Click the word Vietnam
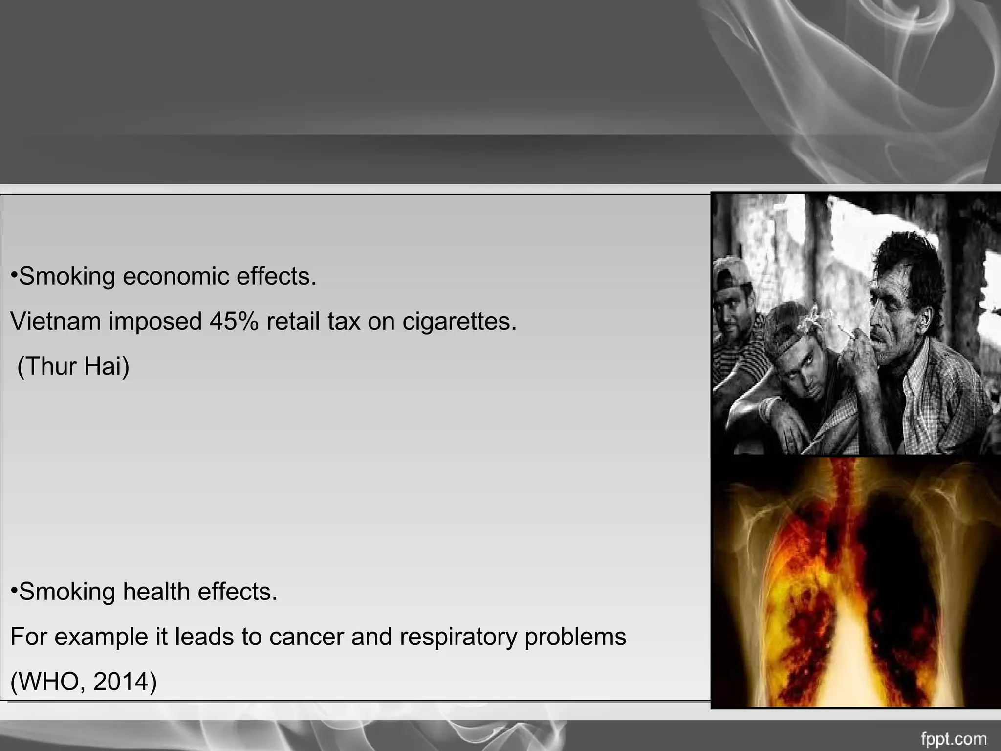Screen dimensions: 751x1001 click(55, 322)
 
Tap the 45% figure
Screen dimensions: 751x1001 click(234, 322)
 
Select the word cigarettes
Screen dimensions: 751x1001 click(459, 322)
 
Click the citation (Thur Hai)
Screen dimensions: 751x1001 click(73, 367)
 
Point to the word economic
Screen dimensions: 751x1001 click(176, 277)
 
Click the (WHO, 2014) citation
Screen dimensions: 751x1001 click(84, 682)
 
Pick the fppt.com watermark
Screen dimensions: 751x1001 click(953, 739)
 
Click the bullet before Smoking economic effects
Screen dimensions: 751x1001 click(14, 275)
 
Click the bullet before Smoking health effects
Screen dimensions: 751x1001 click(14, 591)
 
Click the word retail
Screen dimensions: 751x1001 click(292, 322)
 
